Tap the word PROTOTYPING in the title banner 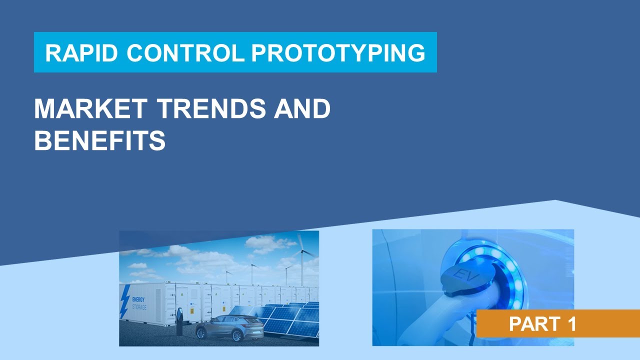[x=338, y=53]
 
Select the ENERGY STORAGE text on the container [x=139, y=303]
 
